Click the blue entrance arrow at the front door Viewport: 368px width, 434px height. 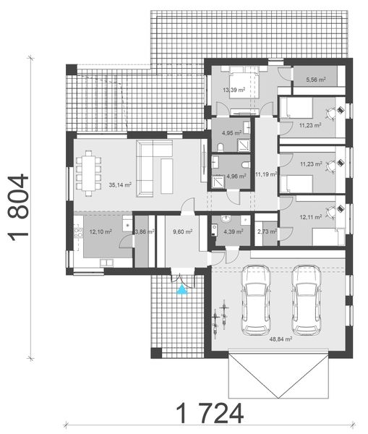click(182, 289)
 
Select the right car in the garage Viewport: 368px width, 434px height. click(307, 299)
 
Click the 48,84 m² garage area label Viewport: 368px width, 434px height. click(280, 339)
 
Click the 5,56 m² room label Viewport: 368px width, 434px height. click(316, 80)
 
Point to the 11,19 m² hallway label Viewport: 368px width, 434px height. click(265, 174)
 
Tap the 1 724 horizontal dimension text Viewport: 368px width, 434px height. click(209, 413)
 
